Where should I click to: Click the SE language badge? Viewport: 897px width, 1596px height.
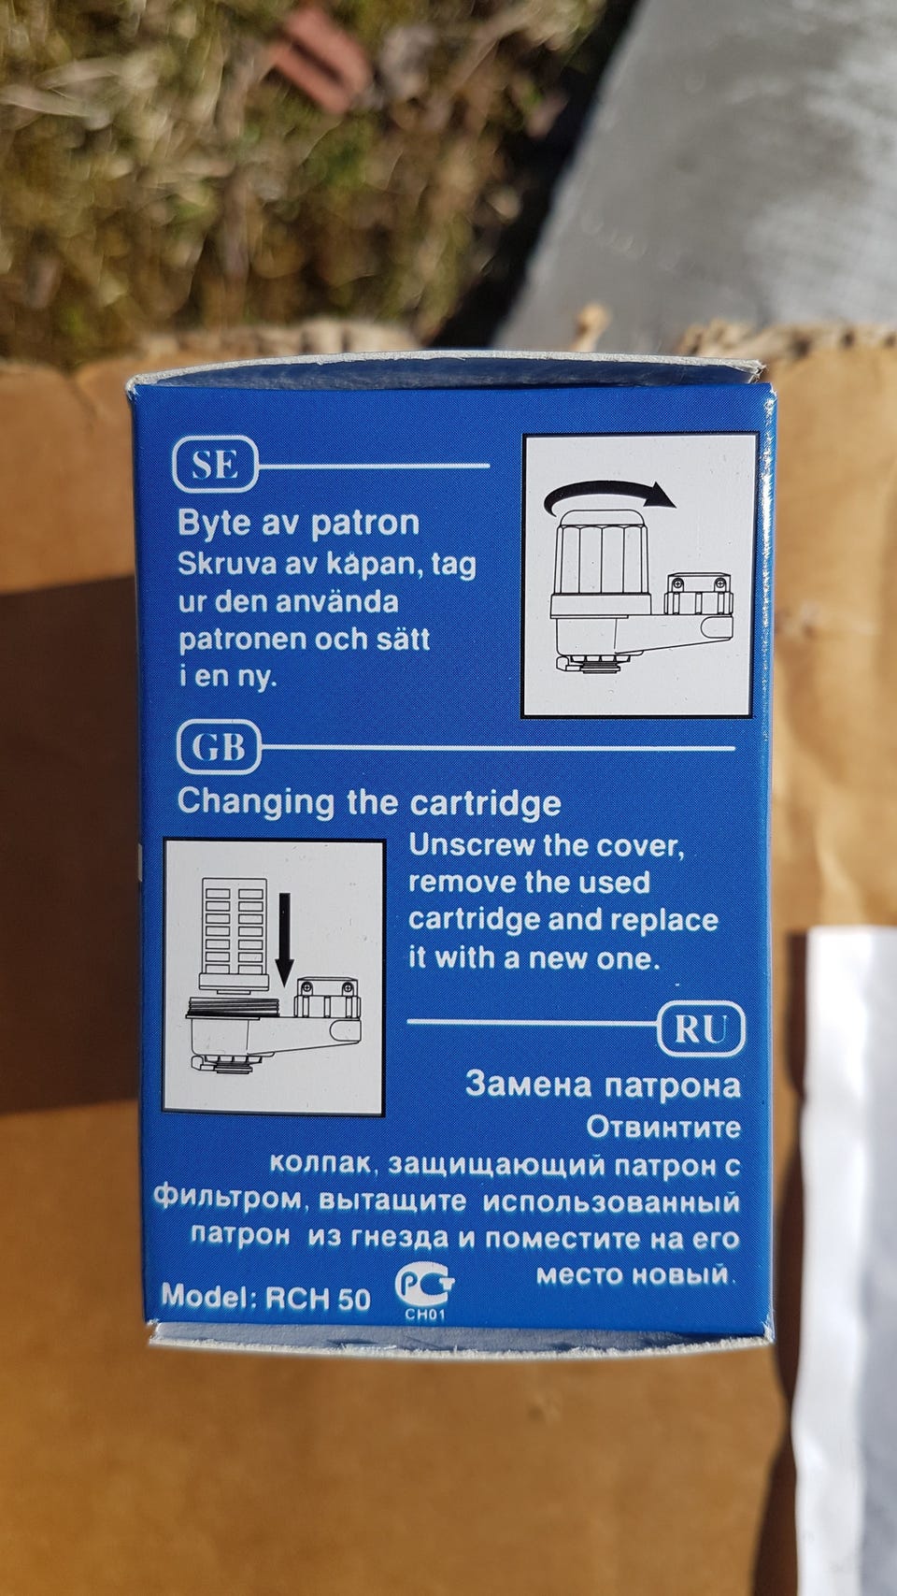(x=215, y=465)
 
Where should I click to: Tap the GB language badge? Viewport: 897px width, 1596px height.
(x=219, y=747)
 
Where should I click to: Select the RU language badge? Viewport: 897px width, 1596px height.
(x=701, y=1028)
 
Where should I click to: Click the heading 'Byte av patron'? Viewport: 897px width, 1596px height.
(x=298, y=524)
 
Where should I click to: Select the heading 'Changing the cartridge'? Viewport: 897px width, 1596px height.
(x=369, y=802)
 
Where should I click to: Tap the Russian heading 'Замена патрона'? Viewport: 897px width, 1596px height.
(x=603, y=1085)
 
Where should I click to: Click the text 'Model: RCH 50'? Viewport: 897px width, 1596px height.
(x=265, y=1297)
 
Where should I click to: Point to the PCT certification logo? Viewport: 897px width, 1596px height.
(x=424, y=1285)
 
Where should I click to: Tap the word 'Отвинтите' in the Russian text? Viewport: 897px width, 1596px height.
(x=663, y=1128)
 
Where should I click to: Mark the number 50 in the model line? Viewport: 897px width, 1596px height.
(x=354, y=1299)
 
